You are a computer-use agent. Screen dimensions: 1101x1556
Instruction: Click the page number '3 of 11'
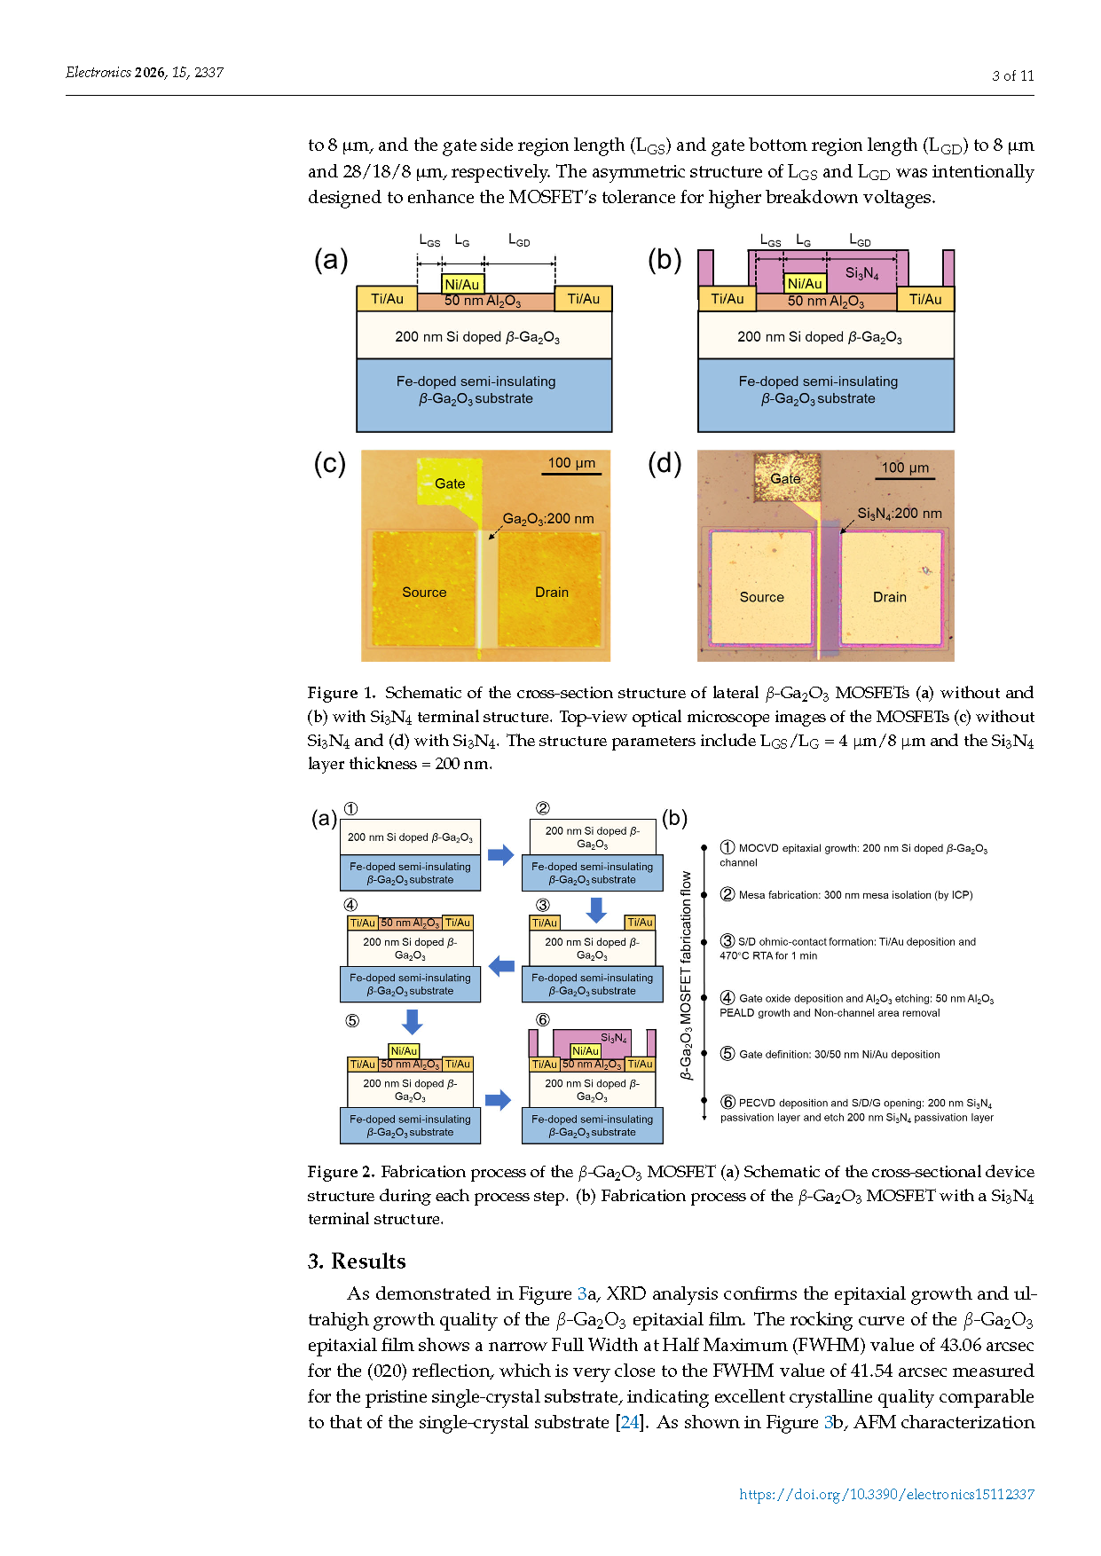[x=1012, y=76]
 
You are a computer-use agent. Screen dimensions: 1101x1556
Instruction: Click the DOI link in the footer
[x=886, y=1495]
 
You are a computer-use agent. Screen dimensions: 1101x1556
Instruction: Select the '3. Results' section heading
[x=357, y=1261]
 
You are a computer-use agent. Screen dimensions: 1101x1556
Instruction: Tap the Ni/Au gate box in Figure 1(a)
[x=462, y=284]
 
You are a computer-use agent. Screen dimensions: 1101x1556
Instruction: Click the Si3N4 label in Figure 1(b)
[x=861, y=273]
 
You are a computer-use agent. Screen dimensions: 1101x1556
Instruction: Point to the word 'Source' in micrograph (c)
[x=424, y=593]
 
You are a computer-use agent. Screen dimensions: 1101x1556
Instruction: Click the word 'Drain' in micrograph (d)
[x=890, y=597]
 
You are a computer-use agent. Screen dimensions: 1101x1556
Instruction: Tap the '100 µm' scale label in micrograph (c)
[x=571, y=463]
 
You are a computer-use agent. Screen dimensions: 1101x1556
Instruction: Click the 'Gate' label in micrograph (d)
[x=785, y=479]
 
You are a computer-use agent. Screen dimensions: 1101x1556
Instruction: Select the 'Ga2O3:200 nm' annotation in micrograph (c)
[x=548, y=519]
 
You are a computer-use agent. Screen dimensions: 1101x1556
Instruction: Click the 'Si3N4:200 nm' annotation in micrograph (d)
[x=900, y=514]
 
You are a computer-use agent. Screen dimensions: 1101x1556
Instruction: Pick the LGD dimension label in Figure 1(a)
[x=519, y=240]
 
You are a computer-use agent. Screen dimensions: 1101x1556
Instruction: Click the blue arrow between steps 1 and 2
[x=501, y=855]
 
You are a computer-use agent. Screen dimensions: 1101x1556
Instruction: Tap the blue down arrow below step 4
[x=412, y=1022]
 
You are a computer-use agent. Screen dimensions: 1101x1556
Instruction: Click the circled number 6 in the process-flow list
[x=727, y=1102]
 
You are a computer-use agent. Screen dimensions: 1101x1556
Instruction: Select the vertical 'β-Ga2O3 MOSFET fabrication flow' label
[x=686, y=975]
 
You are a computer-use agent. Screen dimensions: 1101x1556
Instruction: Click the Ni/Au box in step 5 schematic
[x=404, y=1051]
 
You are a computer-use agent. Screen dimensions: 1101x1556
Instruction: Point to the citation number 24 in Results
[x=629, y=1422]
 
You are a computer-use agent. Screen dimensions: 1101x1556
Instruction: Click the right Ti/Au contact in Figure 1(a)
[x=583, y=299]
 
